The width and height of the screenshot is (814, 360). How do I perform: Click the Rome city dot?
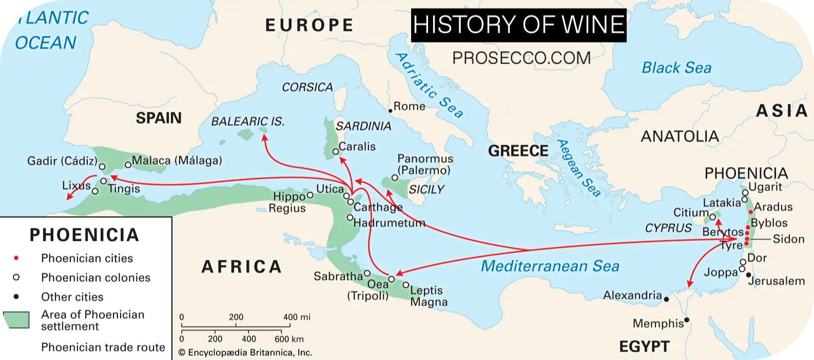coord(390,110)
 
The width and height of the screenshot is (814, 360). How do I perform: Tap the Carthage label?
coord(378,207)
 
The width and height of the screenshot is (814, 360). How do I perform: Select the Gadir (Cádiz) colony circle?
coord(102,167)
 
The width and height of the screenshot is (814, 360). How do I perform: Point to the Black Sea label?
coord(676,68)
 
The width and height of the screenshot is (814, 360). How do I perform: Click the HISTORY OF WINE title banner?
coord(518,25)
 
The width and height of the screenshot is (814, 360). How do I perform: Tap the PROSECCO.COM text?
coord(521,58)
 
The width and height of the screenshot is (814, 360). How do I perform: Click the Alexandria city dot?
coord(666,299)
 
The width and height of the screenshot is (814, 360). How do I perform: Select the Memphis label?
coord(658,324)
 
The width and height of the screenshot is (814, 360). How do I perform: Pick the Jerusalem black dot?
coord(749,275)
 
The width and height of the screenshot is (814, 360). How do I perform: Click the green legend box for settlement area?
coord(16,320)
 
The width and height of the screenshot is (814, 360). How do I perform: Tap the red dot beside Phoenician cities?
coord(16,258)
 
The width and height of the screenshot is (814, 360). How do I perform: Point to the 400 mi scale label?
coord(297,317)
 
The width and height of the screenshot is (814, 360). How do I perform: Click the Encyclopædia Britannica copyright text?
coord(245,353)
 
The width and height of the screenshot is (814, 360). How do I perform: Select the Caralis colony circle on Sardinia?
coord(335,151)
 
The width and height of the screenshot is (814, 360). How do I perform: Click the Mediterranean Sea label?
coord(550,266)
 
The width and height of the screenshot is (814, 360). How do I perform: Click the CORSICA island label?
coord(307,87)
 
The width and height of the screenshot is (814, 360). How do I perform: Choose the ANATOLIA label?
coord(680,137)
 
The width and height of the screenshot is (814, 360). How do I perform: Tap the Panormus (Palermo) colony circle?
coord(395,177)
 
